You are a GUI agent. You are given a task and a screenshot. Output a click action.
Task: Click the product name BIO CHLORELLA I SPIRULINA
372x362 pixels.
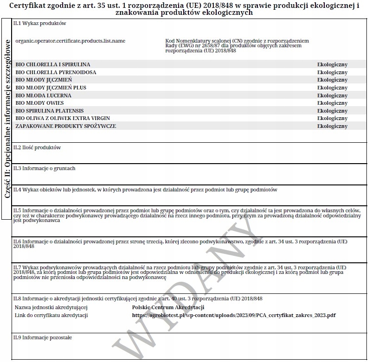coord(53,64)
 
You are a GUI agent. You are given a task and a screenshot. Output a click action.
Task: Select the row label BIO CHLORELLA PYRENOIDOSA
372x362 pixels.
coord(56,72)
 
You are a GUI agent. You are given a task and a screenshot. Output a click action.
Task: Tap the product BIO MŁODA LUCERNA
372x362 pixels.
coord(44,95)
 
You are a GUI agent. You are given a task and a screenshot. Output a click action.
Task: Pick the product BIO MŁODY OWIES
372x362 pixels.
coord(40,103)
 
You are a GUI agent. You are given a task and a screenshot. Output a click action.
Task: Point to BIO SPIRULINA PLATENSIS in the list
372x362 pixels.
coord(50,111)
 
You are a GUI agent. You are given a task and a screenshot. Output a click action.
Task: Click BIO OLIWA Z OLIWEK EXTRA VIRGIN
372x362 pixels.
coord(63,118)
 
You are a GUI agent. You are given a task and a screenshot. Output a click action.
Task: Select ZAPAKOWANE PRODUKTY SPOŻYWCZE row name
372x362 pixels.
coord(66,126)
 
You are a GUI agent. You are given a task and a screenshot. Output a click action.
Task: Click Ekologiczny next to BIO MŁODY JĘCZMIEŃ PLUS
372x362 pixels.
coord(332,88)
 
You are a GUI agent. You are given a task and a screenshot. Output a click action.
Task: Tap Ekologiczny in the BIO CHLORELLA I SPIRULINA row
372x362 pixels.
coord(332,65)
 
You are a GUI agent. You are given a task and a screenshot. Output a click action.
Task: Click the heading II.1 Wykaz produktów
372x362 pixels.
coord(40,23)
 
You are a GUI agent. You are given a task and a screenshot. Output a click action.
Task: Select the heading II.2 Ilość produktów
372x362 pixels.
coord(37,147)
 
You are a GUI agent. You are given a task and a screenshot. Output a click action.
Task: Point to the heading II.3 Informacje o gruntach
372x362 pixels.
coord(44,168)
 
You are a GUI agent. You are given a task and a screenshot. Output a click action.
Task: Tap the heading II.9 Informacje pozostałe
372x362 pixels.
coord(43,337)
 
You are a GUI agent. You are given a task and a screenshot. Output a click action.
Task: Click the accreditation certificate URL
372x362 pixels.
coord(234,316)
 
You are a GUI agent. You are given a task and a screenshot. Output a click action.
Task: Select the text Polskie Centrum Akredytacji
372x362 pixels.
coord(168,307)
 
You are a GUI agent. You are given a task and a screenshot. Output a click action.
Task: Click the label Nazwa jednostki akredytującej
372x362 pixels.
coord(51,307)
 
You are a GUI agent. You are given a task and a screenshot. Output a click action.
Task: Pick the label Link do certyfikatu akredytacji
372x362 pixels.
coord(51,316)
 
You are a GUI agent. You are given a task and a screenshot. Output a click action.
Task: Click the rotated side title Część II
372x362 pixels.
coord(7,120)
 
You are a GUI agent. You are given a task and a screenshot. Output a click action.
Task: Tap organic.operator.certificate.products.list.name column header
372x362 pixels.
coord(71,41)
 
